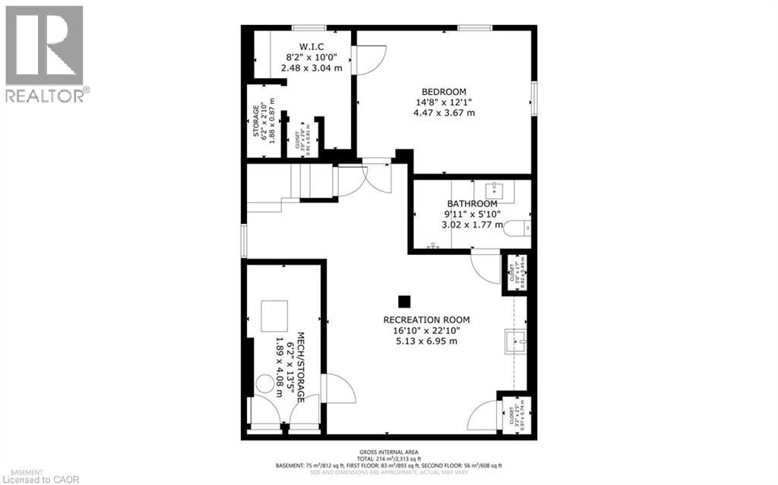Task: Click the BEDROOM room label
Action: pyautogui.click(x=444, y=92)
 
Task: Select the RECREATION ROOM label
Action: pyautogui.click(x=426, y=320)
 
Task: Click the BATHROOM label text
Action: pyautogui.click(x=472, y=203)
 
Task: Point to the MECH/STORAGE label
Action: pyautogui.click(x=301, y=367)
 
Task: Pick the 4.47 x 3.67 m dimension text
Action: pyautogui.click(x=444, y=113)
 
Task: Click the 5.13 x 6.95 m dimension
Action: pyautogui.click(x=426, y=341)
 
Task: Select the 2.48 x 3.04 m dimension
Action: pyautogui.click(x=311, y=68)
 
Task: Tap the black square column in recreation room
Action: pyautogui.click(x=405, y=300)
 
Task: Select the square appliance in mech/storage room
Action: pyautogui.click(x=275, y=315)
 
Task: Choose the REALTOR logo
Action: pyautogui.click(x=43, y=53)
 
